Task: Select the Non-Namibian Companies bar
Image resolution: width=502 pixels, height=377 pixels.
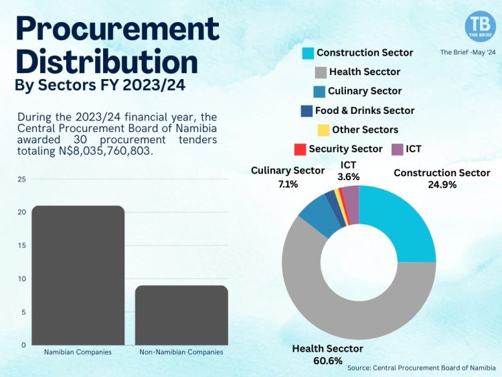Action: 181,315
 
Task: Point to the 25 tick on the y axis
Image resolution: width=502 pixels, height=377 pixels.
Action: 22,179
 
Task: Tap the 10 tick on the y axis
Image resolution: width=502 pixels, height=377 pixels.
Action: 22,279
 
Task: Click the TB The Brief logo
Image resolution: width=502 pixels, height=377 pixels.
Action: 480,26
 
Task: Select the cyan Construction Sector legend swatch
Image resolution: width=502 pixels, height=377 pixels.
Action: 307,53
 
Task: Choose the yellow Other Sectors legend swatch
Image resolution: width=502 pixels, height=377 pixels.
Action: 321,130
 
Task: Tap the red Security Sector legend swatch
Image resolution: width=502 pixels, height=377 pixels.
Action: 299,149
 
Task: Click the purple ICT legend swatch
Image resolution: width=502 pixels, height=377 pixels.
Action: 396,149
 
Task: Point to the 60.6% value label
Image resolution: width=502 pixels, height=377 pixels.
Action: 327,361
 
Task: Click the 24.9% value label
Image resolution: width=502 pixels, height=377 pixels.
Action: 442,185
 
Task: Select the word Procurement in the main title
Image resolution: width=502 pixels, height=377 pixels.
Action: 117,28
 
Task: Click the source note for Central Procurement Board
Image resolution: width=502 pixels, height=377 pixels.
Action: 421,368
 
